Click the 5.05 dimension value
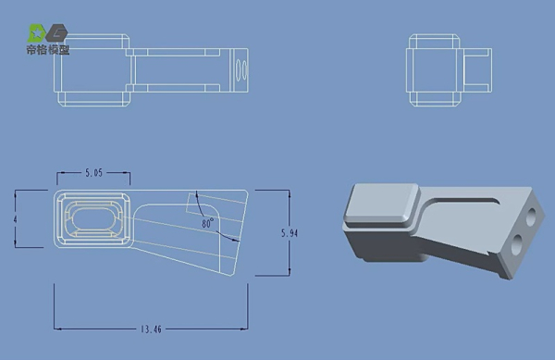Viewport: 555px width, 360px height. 93,173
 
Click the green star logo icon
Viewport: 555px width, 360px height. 37,33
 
